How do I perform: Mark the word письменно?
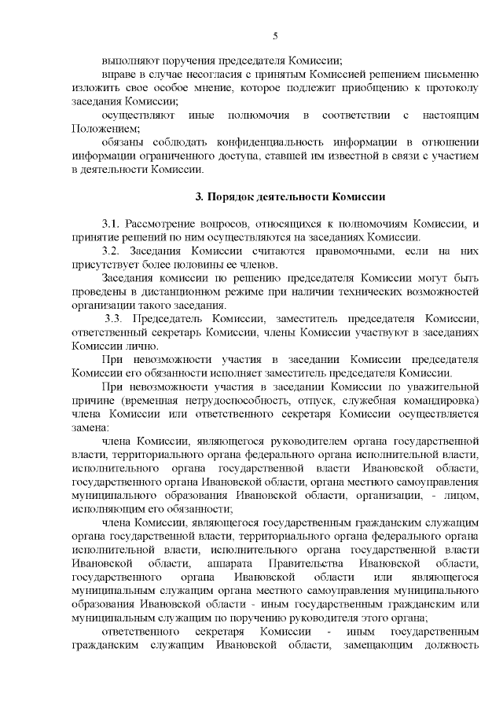(446, 74)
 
